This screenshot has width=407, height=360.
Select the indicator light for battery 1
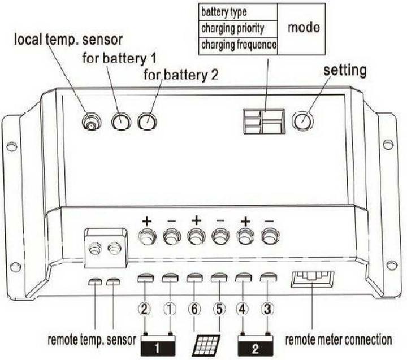tap(121, 120)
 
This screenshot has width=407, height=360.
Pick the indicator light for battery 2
tap(148, 120)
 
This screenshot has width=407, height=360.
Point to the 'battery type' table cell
tap(237, 11)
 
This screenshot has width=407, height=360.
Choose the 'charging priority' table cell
tap(237, 27)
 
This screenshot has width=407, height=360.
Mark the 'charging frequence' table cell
tap(237, 44)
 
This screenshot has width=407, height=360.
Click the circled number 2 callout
tap(145, 309)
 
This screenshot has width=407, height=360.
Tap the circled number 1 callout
tap(170, 309)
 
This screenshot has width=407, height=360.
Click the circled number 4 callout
tap(243, 309)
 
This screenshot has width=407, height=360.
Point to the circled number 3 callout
tap(267, 309)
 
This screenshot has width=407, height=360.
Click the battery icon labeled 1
tap(158, 344)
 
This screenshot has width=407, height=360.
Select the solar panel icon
tap(206, 344)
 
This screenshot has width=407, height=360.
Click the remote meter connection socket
tap(312, 279)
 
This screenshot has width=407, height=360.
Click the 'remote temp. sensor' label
tap(90, 341)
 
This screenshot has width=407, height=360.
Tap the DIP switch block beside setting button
tap(263, 121)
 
